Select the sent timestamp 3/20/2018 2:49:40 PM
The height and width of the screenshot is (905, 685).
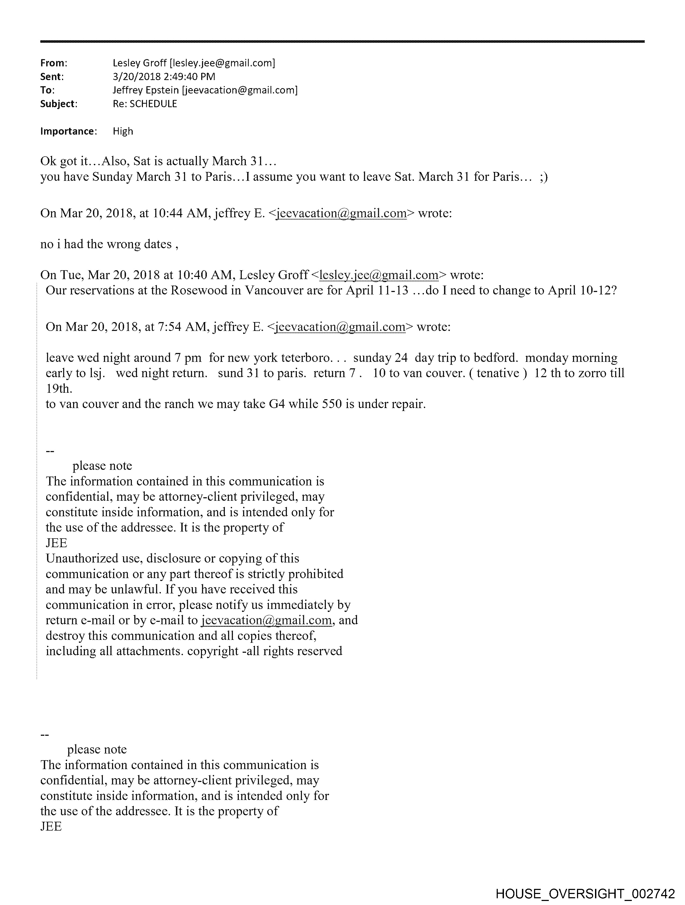164,77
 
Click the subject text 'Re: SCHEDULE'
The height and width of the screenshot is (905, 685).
145,104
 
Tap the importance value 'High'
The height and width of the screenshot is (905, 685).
123,131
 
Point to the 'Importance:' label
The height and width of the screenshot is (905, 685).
68,131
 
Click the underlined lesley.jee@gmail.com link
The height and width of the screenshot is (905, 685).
378,275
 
